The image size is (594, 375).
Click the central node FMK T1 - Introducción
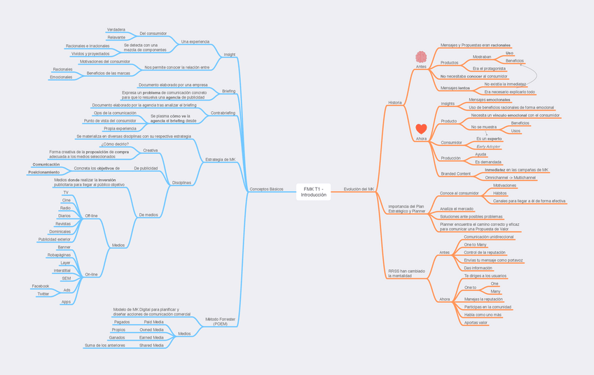pos(314,192)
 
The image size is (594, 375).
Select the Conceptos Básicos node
pos(266,189)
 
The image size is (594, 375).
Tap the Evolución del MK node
pos(359,189)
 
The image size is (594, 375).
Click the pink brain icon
pos(420,57)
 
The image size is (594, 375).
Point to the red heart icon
pos(421,129)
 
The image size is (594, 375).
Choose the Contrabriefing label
pos(223,113)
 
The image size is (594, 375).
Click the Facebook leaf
pos(41,286)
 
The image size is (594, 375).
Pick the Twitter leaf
pos(43,294)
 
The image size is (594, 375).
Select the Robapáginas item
pos(60,255)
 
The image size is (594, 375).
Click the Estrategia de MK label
pos(221,160)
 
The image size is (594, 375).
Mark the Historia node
pos(395,102)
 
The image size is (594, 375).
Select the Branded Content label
pos(455,174)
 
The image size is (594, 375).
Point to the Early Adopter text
pos(489,146)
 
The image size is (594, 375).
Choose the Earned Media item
pos(151,337)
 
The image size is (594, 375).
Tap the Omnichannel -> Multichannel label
pos(510,178)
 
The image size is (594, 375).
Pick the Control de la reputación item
pos(485,252)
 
